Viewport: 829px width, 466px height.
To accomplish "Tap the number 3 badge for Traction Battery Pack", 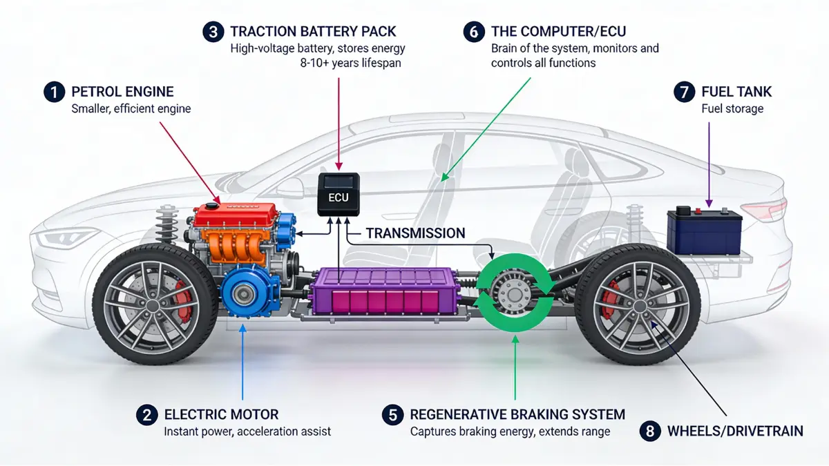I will (x=213, y=32).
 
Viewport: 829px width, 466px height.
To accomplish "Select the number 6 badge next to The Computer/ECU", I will (x=473, y=32).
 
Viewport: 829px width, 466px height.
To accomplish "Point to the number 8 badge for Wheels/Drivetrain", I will (x=649, y=431).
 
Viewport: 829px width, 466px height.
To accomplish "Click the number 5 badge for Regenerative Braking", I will (x=392, y=414).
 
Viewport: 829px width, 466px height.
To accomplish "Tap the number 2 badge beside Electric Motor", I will (x=146, y=414).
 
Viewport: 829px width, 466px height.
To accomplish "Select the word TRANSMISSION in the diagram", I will (x=415, y=233).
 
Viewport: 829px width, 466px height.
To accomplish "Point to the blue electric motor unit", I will (x=246, y=294).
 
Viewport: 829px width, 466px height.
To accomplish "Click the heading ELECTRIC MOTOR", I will (x=221, y=414).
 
